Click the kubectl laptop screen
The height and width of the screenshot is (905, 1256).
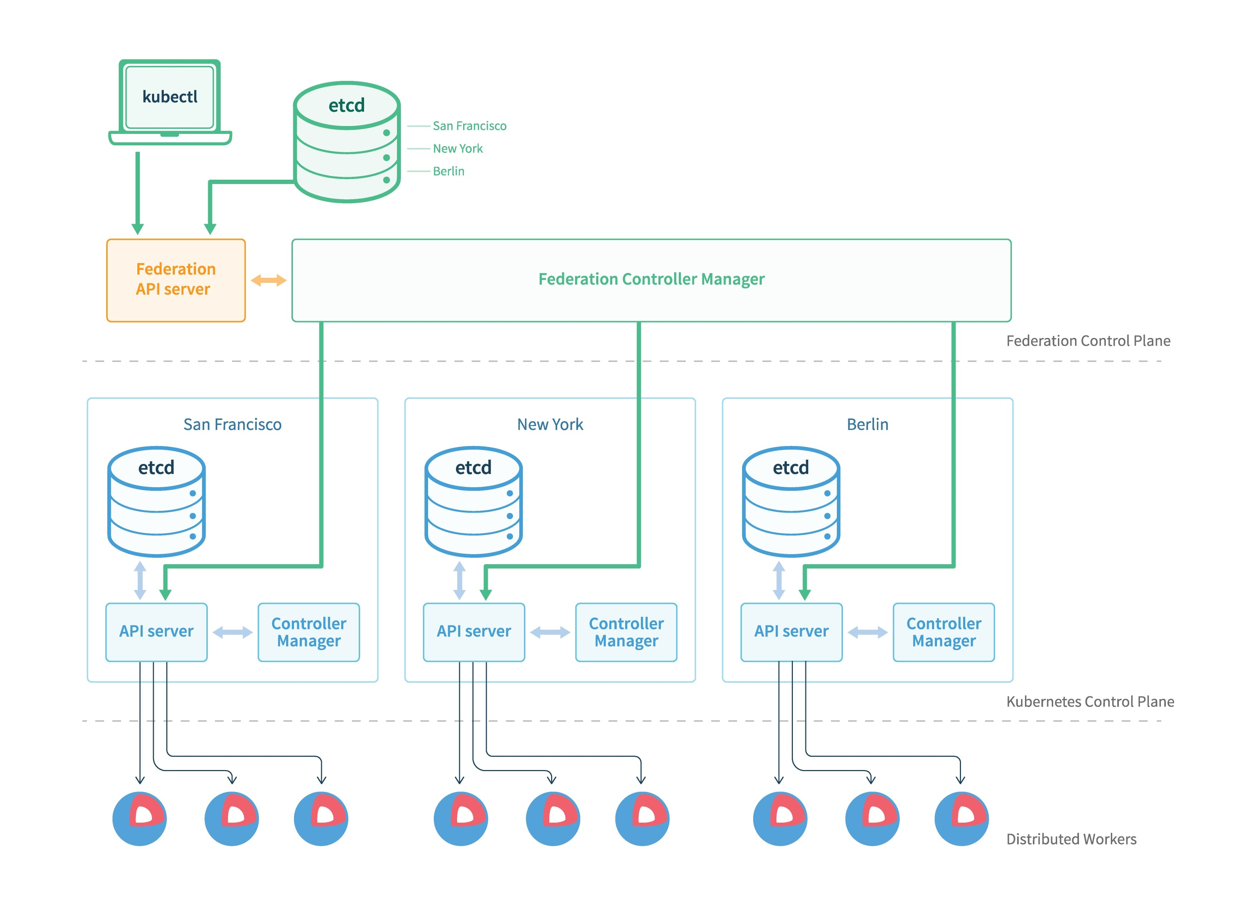pos(170,97)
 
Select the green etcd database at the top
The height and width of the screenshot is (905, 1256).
pos(347,142)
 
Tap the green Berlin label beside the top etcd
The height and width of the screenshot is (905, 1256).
pos(448,171)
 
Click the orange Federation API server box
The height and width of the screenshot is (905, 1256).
pos(176,280)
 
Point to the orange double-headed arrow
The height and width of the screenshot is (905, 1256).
pos(269,280)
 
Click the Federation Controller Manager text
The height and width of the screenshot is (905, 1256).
pos(651,279)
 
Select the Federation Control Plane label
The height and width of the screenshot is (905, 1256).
pos(1088,341)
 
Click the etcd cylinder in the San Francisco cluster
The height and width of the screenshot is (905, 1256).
pos(156,502)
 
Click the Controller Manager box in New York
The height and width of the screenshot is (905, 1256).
pos(626,632)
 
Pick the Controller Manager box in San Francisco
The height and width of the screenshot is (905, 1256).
pos(309,632)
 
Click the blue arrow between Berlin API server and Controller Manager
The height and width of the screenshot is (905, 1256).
pos(867,632)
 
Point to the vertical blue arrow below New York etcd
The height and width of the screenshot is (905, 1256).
pos(459,580)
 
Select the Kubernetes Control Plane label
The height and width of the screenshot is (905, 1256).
pos(1089,702)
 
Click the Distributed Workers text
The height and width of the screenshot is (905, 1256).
pos(1070,839)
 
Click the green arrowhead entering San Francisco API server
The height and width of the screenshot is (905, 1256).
pos(165,594)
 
